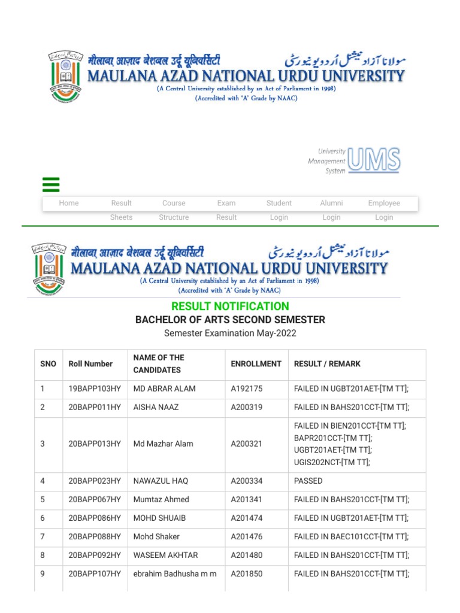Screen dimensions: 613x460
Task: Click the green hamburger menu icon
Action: pos(51,184)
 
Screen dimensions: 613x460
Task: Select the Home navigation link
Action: pos(69,203)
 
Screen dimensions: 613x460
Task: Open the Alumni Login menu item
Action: pos(331,210)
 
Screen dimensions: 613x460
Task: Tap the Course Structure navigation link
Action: pos(174,210)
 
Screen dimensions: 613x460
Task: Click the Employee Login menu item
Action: pos(384,210)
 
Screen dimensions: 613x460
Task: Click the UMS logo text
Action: pos(374,160)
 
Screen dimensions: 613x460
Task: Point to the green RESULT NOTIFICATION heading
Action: pos(230,306)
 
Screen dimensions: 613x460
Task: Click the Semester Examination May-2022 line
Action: pos(230,333)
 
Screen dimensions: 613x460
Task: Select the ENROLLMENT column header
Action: pos(256,363)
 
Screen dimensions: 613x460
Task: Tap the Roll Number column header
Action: pos(90,363)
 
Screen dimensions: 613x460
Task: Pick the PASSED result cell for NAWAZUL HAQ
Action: pos(308,481)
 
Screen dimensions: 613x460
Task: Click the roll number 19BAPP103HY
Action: pos(95,389)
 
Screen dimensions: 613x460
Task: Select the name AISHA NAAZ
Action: pos(156,407)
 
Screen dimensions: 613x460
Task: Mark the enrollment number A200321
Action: pos(247,444)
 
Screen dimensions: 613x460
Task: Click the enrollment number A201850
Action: pos(247,573)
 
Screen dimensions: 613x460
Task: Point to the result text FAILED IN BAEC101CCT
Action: pos(351,536)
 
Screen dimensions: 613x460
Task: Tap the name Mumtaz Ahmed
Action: pos(161,499)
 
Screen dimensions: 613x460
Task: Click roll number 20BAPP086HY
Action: pos(95,518)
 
